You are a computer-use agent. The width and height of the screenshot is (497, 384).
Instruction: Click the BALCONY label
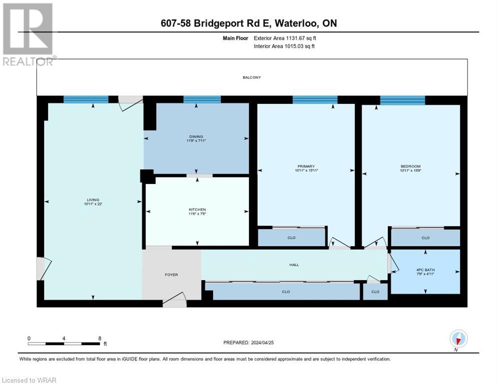click(251, 77)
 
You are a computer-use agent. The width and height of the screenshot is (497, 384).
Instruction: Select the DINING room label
click(195, 136)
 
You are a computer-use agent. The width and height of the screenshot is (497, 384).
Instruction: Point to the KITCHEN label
click(197, 209)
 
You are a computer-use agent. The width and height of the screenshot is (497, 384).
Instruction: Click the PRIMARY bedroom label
click(305, 166)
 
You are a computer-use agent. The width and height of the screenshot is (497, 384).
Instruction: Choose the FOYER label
click(171, 274)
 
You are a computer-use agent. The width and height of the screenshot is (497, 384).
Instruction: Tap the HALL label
click(294, 264)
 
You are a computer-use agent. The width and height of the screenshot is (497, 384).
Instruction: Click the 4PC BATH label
click(425, 270)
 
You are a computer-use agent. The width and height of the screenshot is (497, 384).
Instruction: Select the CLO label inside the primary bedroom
click(291, 238)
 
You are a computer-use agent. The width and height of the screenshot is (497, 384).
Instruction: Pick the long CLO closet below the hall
click(285, 291)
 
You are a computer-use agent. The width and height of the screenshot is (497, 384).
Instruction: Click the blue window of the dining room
click(202, 99)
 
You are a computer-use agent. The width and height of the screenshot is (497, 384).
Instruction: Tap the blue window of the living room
click(85, 99)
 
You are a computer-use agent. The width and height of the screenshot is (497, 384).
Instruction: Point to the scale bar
click(64, 343)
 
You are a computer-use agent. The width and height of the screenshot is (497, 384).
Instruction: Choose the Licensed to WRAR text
click(29, 380)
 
